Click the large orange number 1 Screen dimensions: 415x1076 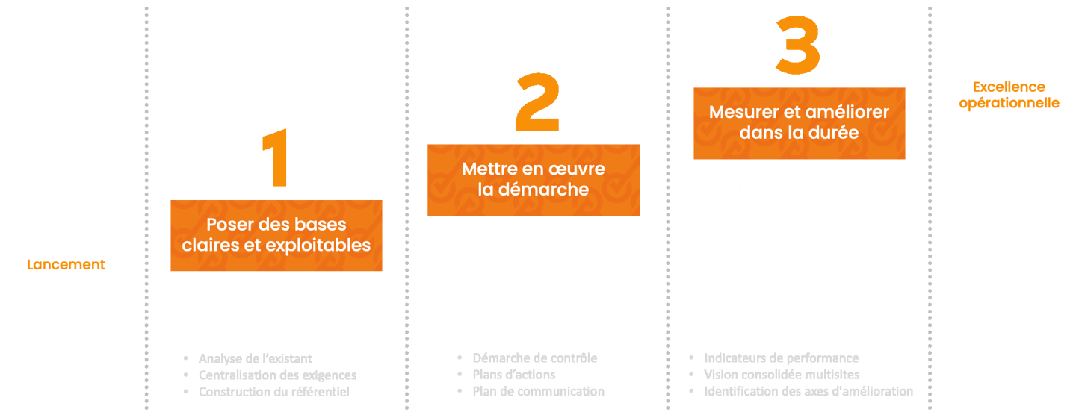point(277,160)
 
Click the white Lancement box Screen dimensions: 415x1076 point(66,265)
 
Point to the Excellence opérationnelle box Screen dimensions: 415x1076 point(1009,95)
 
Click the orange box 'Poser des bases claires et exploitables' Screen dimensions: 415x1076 point(277,235)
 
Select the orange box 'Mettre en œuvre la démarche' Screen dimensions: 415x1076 point(534,180)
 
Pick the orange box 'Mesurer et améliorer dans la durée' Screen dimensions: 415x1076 point(799,123)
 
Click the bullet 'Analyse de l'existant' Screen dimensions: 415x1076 point(256,358)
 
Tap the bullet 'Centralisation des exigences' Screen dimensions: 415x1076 point(277,375)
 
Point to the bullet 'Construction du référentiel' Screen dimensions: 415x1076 point(273,392)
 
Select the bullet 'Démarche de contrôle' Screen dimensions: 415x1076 point(534,358)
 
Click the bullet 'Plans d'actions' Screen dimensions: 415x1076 point(514,375)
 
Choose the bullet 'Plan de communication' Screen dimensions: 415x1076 point(538,392)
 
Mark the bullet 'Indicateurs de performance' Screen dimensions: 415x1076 point(781,358)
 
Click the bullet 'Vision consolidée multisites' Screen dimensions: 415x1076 point(781,375)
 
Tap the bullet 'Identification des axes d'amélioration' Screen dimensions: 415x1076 point(808,392)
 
